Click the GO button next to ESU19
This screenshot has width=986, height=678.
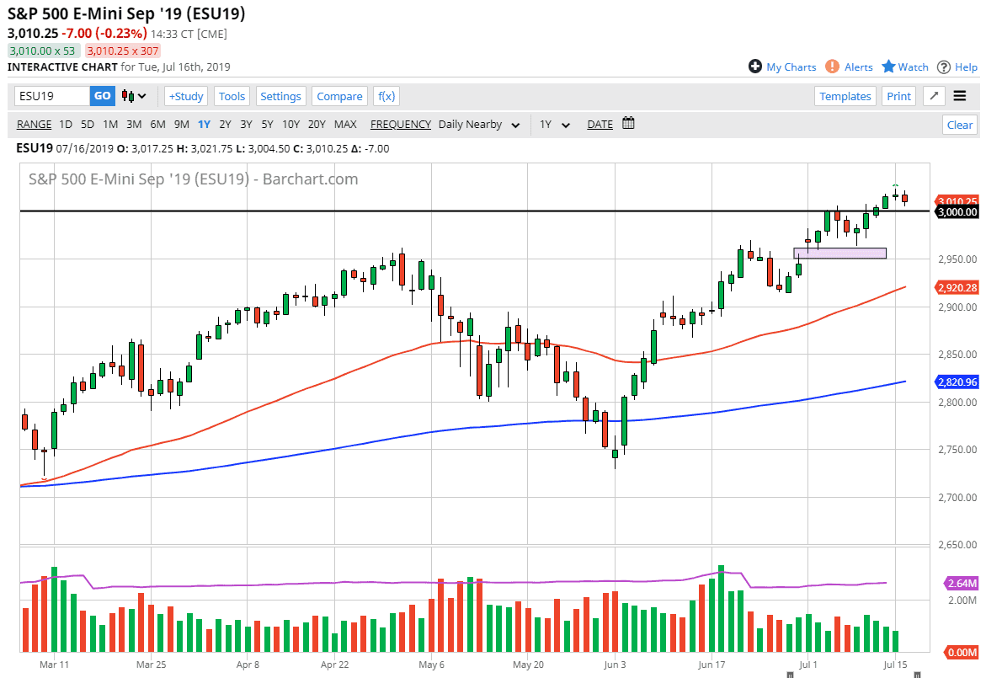coord(102,96)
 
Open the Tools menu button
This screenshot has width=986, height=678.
coord(232,96)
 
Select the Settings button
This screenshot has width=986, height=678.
coord(280,96)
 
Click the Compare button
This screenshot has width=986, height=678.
coord(339,96)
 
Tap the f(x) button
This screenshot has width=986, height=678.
coord(386,96)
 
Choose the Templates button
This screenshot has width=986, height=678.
coord(845,96)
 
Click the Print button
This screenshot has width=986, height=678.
coord(898,96)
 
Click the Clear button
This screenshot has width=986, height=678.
coord(959,125)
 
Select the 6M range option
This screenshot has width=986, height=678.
coord(157,125)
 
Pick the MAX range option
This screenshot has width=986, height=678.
coord(345,125)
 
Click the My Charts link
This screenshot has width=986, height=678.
coord(782,67)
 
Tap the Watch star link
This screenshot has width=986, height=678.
coord(905,67)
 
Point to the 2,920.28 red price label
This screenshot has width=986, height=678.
coord(957,288)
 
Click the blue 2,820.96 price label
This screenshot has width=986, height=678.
coord(957,382)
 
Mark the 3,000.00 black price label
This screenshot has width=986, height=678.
coord(957,212)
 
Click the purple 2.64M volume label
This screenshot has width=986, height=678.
coord(960,584)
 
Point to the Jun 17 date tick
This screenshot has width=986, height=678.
coord(712,664)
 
